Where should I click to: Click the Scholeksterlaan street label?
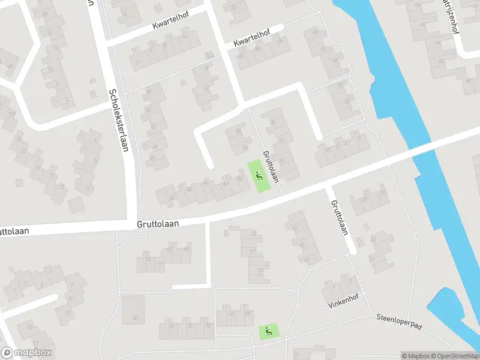point(119,121)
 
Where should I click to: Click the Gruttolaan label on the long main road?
point(159,223)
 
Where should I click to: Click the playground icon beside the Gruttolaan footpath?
point(259,176)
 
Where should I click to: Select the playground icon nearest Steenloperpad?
point(268,330)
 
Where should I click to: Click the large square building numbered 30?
point(134,308)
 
